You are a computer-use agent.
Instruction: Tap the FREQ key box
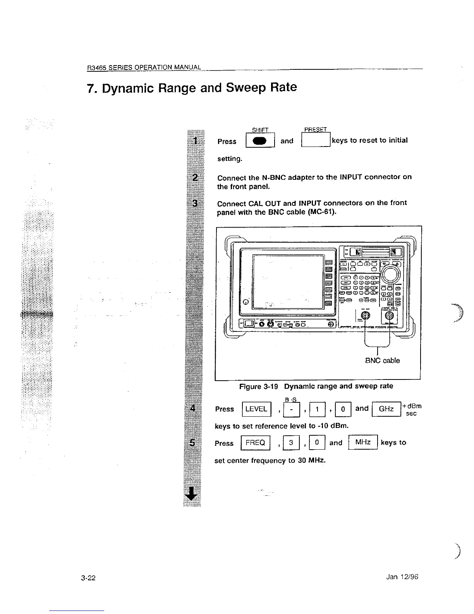255,443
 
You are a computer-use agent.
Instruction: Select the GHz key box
386,409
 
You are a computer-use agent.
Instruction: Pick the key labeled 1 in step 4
318,410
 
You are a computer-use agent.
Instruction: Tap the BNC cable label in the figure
382,360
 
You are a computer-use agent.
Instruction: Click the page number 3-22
88,578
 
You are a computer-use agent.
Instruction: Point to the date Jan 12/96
402,577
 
